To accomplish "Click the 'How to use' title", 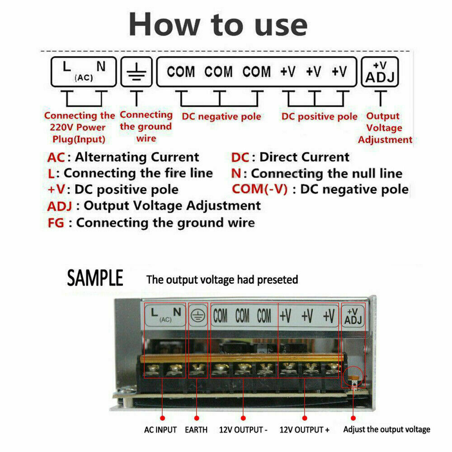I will [218, 24].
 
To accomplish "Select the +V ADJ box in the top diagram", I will [380, 72].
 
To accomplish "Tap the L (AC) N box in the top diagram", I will [84, 72].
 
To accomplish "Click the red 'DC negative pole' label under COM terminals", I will [221, 117].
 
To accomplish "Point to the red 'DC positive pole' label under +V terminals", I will [319, 117].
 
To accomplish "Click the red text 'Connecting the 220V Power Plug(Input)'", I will [80, 127].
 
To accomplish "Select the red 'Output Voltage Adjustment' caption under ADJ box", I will [385, 128].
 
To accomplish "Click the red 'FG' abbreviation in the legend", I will [60, 223].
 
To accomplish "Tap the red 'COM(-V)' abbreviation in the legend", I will [259, 189].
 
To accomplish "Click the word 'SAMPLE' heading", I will [95, 278].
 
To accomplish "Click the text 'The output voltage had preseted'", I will [222, 280].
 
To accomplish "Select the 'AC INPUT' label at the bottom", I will [160, 430].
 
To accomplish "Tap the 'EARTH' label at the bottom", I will [196, 430].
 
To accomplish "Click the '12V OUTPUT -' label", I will [243, 430].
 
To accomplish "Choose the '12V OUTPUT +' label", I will [304, 430].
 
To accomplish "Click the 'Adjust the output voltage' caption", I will [386, 429].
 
